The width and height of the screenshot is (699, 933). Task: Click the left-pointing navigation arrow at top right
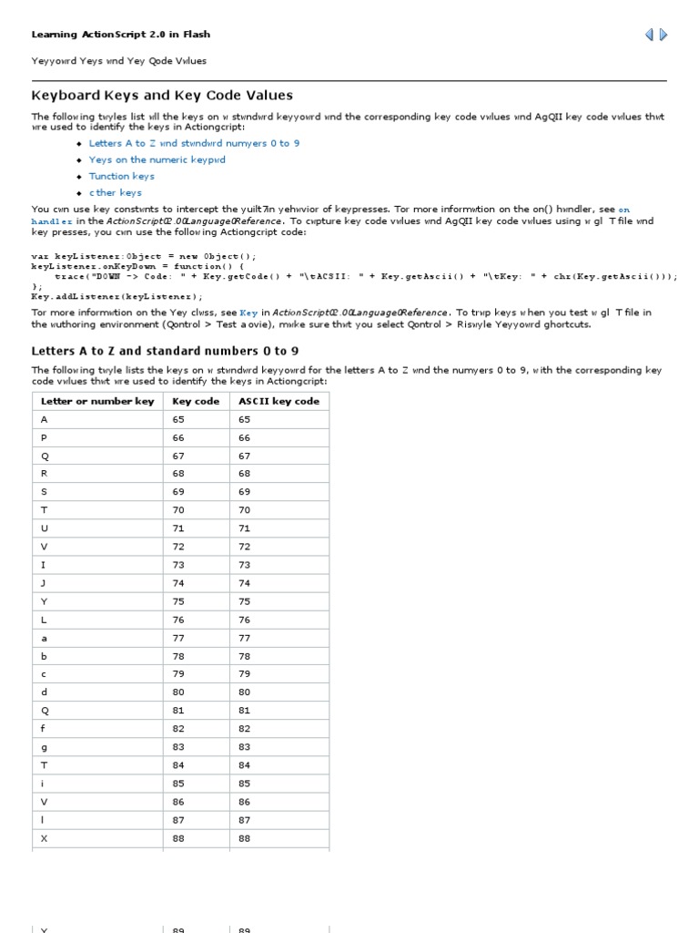(649, 35)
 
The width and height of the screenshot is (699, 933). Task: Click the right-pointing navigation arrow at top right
(664, 35)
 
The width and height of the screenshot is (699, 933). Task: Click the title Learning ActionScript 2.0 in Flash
(121, 35)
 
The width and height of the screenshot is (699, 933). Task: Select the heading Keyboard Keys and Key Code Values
(162, 96)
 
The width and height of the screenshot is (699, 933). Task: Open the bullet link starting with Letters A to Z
(194, 143)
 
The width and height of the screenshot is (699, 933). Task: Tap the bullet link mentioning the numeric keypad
(157, 159)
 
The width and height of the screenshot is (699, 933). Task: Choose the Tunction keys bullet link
(121, 176)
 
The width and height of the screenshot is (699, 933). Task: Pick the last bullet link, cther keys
(115, 192)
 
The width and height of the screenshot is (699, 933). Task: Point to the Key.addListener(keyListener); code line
(117, 296)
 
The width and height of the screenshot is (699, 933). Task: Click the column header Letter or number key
(97, 401)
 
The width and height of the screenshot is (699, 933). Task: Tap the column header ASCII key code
(279, 401)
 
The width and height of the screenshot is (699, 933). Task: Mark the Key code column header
(196, 401)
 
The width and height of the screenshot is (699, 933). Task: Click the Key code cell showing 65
(177, 419)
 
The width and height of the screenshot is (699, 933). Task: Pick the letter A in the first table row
(44, 419)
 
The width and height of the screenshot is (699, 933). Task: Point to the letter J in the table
(44, 582)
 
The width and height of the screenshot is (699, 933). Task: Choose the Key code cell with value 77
(177, 639)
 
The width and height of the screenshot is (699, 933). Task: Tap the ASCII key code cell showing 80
(244, 692)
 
